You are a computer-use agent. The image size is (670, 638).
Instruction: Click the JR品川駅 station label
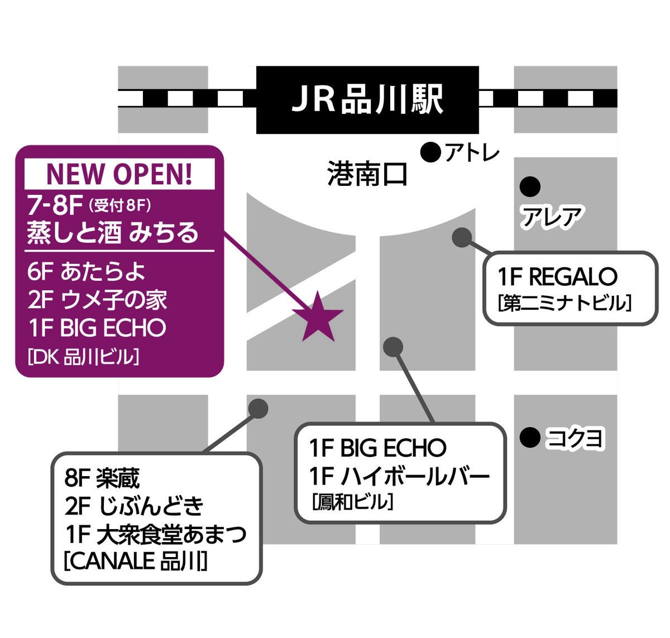(x=367, y=100)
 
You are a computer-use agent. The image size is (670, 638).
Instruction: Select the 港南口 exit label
(x=367, y=174)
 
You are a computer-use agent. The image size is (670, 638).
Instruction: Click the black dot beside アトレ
(x=430, y=152)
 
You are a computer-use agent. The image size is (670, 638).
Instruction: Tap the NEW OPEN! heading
(x=119, y=174)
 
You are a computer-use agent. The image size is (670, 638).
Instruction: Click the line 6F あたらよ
(x=86, y=272)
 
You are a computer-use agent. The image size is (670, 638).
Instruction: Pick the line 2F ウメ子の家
(x=97, y=300)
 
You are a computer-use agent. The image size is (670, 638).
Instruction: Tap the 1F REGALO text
(x=557, y=277)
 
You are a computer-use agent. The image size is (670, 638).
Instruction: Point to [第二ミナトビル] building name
(x=564, y=304)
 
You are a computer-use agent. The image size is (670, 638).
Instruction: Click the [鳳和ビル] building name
(x=353, y=502)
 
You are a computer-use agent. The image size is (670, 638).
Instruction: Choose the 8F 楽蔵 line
(x=102, y=478)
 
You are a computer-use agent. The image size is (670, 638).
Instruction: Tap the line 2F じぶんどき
(x=134, y=506)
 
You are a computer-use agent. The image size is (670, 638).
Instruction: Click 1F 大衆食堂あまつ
(x=155, y=535)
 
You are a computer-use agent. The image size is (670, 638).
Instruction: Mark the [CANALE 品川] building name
(x=135, y=561)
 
